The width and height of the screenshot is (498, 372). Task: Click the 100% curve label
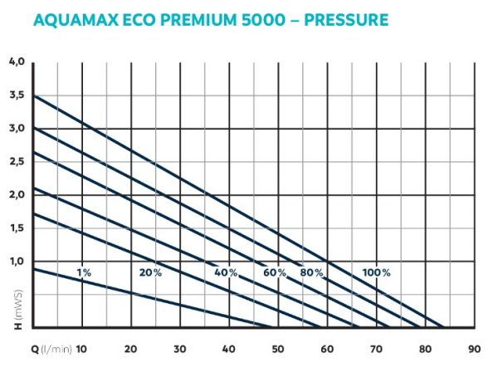(376, 272)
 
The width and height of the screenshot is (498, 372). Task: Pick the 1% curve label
(84, 272)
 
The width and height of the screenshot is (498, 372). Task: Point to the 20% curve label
(150, 272)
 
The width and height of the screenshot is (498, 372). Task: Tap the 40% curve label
(226, 272)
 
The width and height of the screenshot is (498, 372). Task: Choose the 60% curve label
(275, 272)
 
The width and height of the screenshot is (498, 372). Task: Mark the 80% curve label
(311, 272)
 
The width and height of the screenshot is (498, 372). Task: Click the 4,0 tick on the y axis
(17, 61)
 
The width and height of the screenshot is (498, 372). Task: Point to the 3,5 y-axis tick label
(17, 95)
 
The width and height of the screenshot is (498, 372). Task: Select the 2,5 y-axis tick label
(17, 162)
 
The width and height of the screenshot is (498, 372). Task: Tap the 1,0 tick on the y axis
(17, 262)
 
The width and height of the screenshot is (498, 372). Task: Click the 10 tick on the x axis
(81, 349)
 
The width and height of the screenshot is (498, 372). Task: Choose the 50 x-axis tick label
(278, 349)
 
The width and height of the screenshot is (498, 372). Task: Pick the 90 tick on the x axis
(475, 349)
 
